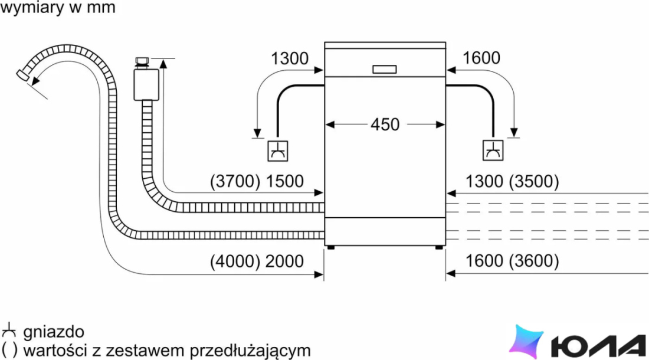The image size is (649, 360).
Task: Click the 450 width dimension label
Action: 385,124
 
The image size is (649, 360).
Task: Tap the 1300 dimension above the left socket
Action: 289,58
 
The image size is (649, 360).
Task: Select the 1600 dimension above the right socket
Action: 481,58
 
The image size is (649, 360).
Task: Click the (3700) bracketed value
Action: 235,181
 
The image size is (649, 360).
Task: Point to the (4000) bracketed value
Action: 235,261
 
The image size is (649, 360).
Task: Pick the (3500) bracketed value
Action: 534,181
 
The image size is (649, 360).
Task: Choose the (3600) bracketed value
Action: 534,261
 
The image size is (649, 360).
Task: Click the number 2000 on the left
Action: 284,261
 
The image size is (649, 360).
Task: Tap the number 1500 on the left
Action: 284,181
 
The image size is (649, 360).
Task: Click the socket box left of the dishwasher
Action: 278,150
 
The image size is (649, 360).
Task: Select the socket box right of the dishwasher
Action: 493,150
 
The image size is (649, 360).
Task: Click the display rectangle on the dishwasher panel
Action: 385,69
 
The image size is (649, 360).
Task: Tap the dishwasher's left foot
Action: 330,247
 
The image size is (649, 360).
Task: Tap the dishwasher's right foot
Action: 439,247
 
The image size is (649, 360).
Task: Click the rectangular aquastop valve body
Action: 146,85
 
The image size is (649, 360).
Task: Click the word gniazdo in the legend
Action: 54,332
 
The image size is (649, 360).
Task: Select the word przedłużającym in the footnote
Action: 250,351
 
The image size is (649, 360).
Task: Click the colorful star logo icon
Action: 526,341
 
